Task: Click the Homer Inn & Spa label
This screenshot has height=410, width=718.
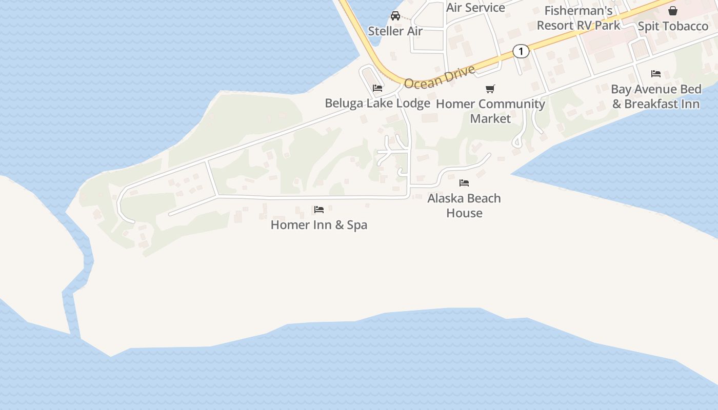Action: pos(318,225)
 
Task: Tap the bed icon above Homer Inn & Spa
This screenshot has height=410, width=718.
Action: pos(319,209)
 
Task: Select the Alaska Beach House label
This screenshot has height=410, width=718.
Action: pos(464,206)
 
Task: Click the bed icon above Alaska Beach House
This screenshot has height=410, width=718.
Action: pos(464,182)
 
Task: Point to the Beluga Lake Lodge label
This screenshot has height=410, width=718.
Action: pos(377,103)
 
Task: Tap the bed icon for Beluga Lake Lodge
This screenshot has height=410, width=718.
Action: pos(377,88)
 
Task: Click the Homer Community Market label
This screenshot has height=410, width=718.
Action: pos(490,111)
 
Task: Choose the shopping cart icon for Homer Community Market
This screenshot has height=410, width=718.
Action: pos(490,89)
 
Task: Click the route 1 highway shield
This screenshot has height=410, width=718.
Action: pos(521,51)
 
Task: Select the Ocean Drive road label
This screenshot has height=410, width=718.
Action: pos(440,77)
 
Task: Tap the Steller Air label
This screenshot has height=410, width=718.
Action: pos(395,31)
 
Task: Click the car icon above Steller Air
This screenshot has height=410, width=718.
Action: pos(395,15)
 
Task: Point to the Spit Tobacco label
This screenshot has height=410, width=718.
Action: pos(673,26)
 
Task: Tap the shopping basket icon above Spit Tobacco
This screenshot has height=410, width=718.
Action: pos(673,11)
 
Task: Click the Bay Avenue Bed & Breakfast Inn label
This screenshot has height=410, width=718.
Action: pos(656,96)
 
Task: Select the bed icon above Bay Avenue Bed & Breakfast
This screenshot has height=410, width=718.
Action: pos(656,74)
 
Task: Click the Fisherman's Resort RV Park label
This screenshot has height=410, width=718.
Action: pos(579,18)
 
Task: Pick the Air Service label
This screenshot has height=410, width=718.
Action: pos(475,7)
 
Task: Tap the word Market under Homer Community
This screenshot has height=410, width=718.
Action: pos(490,118)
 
